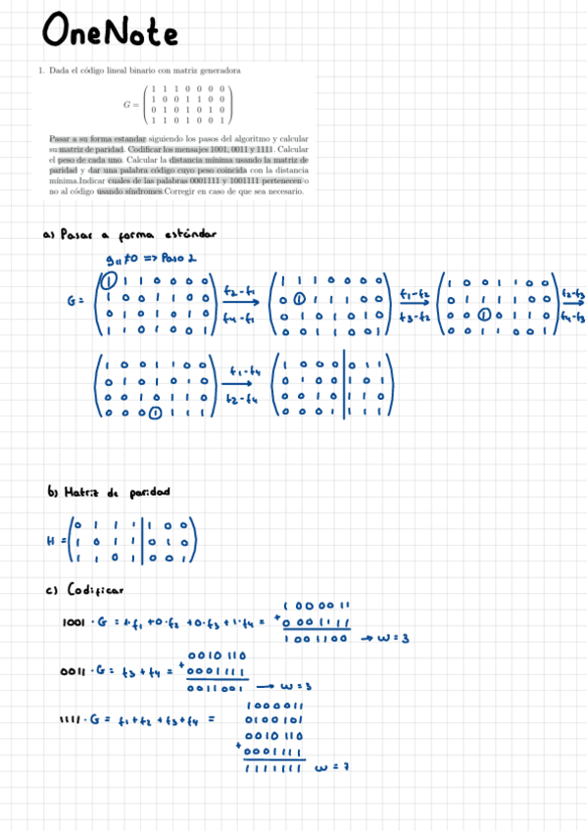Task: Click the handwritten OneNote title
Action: pyautogui.click(x=110, y=34)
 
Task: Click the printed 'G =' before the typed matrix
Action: pyautogui.click(x=131, y=103)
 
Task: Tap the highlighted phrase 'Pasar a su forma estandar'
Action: pyautogui.click(x=98, y=139)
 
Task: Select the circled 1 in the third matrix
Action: pyautogui.click(x=483, y=316)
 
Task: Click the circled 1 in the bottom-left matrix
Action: pyautogui.click(x=156, y=415)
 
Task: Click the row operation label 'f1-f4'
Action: pyautogui.click(x=242, y=371)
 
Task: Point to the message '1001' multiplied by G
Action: pyautogui.click(x=77, y=621)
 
